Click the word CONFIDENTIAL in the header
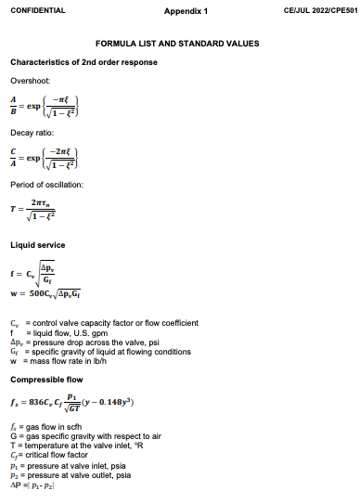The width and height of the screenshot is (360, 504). tap(37, 10)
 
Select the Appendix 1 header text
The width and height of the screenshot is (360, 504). tap(186, 10)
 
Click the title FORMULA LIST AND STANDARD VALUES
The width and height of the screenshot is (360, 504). tap(177, 44)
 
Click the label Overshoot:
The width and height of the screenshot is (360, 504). tap(29, 80)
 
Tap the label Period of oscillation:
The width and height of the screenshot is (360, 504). tap(46, 185)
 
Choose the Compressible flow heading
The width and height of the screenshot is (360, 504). tap(44, 379)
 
